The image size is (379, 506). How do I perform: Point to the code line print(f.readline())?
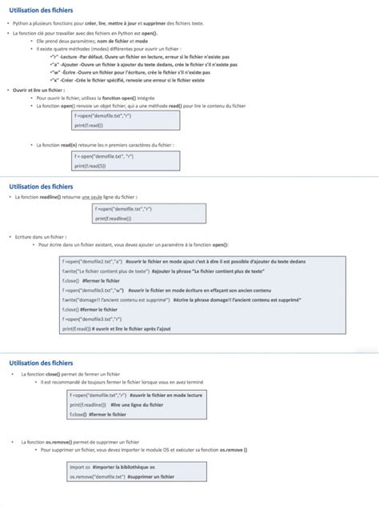tap(113, 218)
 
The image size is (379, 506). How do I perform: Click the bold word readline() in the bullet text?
tap(50, 196)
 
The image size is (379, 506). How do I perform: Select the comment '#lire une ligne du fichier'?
tap(131, 405)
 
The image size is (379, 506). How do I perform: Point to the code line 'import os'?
tap(80, 467)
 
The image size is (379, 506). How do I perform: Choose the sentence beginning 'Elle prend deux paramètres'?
tap(93, 42)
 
